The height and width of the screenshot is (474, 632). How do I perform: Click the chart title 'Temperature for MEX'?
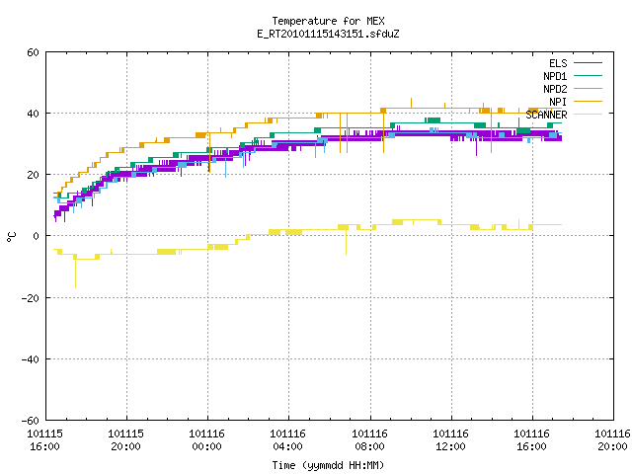coord(328,21)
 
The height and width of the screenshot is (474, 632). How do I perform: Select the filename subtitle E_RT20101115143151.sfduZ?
coord(328,34)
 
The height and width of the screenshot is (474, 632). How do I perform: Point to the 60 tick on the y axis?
coord(33,52)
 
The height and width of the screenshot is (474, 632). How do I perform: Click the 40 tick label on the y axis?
coord(33,114)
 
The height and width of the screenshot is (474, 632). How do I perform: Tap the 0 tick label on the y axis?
coord(37,236)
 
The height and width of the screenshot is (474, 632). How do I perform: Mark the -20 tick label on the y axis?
coord(31,298)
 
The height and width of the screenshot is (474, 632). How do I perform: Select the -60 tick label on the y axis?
coord(31,421)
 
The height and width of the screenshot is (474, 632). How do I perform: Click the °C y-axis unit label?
coord(11,237)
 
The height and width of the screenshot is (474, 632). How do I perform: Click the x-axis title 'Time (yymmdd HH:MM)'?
coord(328,465)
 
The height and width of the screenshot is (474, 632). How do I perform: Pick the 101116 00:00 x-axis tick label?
coord(206,440)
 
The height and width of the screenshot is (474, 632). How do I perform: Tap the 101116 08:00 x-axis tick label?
coord(369,440)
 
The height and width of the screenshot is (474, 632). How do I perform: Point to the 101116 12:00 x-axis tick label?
coord(450,440)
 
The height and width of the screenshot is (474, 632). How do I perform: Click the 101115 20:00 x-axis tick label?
coord(125,440)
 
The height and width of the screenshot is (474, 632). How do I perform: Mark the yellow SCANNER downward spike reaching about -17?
coord(75,274)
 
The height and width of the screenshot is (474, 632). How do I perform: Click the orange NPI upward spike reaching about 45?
coord(411,103)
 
